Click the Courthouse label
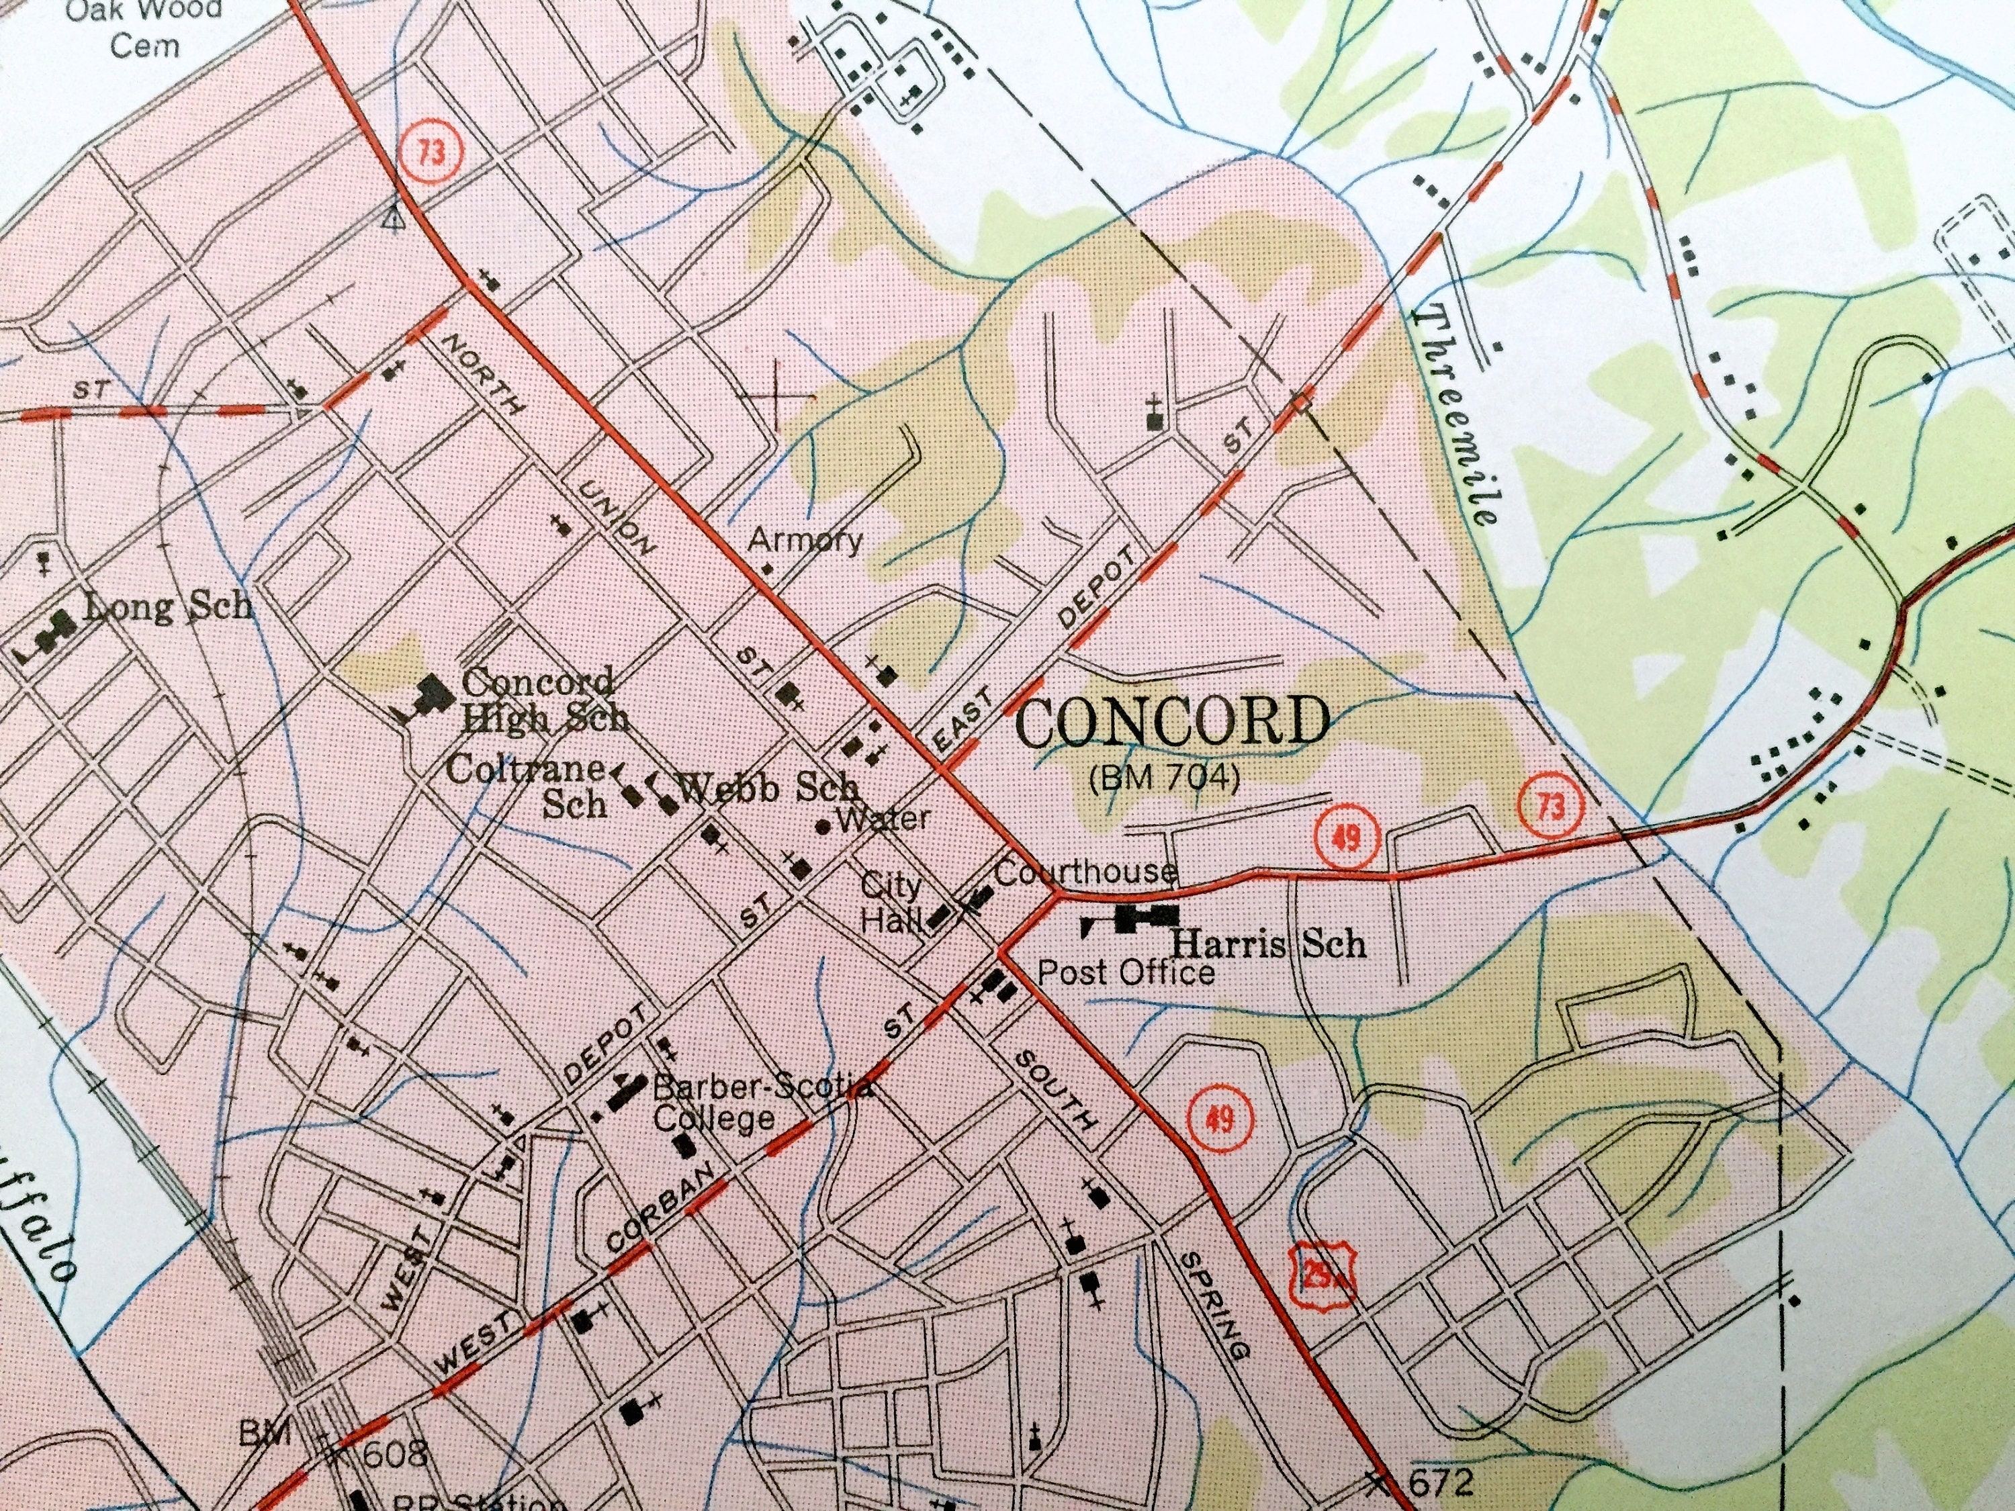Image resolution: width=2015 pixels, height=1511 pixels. click(x=1084, y=872)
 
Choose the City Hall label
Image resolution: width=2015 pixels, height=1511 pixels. click(x=893, y=902)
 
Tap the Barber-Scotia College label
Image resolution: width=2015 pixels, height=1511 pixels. click(x=747, y=1102)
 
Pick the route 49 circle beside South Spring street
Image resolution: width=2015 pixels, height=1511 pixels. click(x=1220, y=1118)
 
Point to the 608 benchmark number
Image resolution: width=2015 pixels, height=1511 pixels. click(x=394, y=1455)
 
